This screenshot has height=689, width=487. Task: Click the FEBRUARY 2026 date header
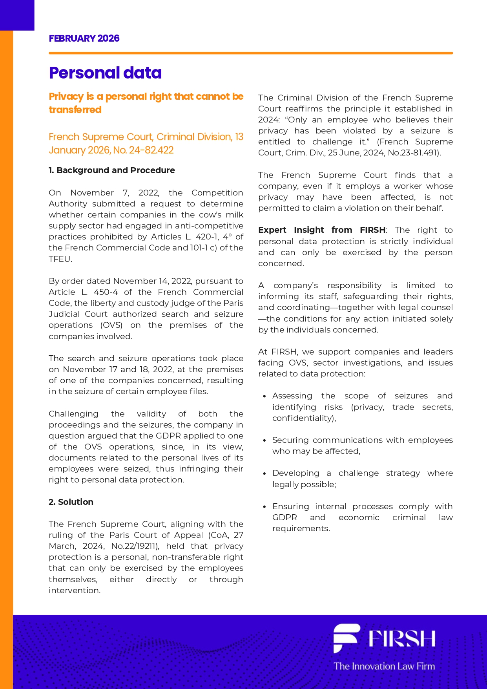84,38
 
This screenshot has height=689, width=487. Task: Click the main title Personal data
105,73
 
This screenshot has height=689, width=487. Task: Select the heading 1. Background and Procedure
112,170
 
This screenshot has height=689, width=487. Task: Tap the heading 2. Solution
71,502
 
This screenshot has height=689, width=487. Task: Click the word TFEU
60,259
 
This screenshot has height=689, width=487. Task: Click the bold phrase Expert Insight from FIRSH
322,230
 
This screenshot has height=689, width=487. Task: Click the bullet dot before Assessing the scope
265,397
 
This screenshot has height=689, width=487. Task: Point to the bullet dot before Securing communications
265,440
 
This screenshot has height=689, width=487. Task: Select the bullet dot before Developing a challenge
265,474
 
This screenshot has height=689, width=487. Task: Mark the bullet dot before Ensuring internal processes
265,507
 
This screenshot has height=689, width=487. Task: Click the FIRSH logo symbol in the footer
346,638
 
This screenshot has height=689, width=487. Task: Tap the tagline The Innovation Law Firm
384,666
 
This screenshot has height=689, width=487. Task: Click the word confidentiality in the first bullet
303,418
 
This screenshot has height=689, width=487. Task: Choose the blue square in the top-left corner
17,15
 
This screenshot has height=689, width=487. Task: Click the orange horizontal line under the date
251,53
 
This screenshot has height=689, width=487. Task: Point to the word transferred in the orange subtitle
75,110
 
